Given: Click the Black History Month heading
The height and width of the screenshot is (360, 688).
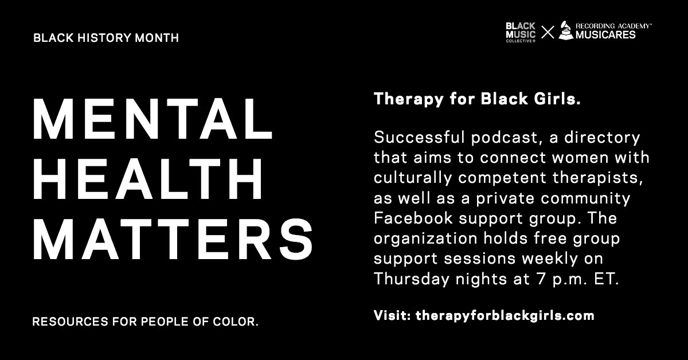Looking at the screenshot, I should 106,38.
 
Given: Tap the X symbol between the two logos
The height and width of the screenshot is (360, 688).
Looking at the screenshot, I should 548,32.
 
